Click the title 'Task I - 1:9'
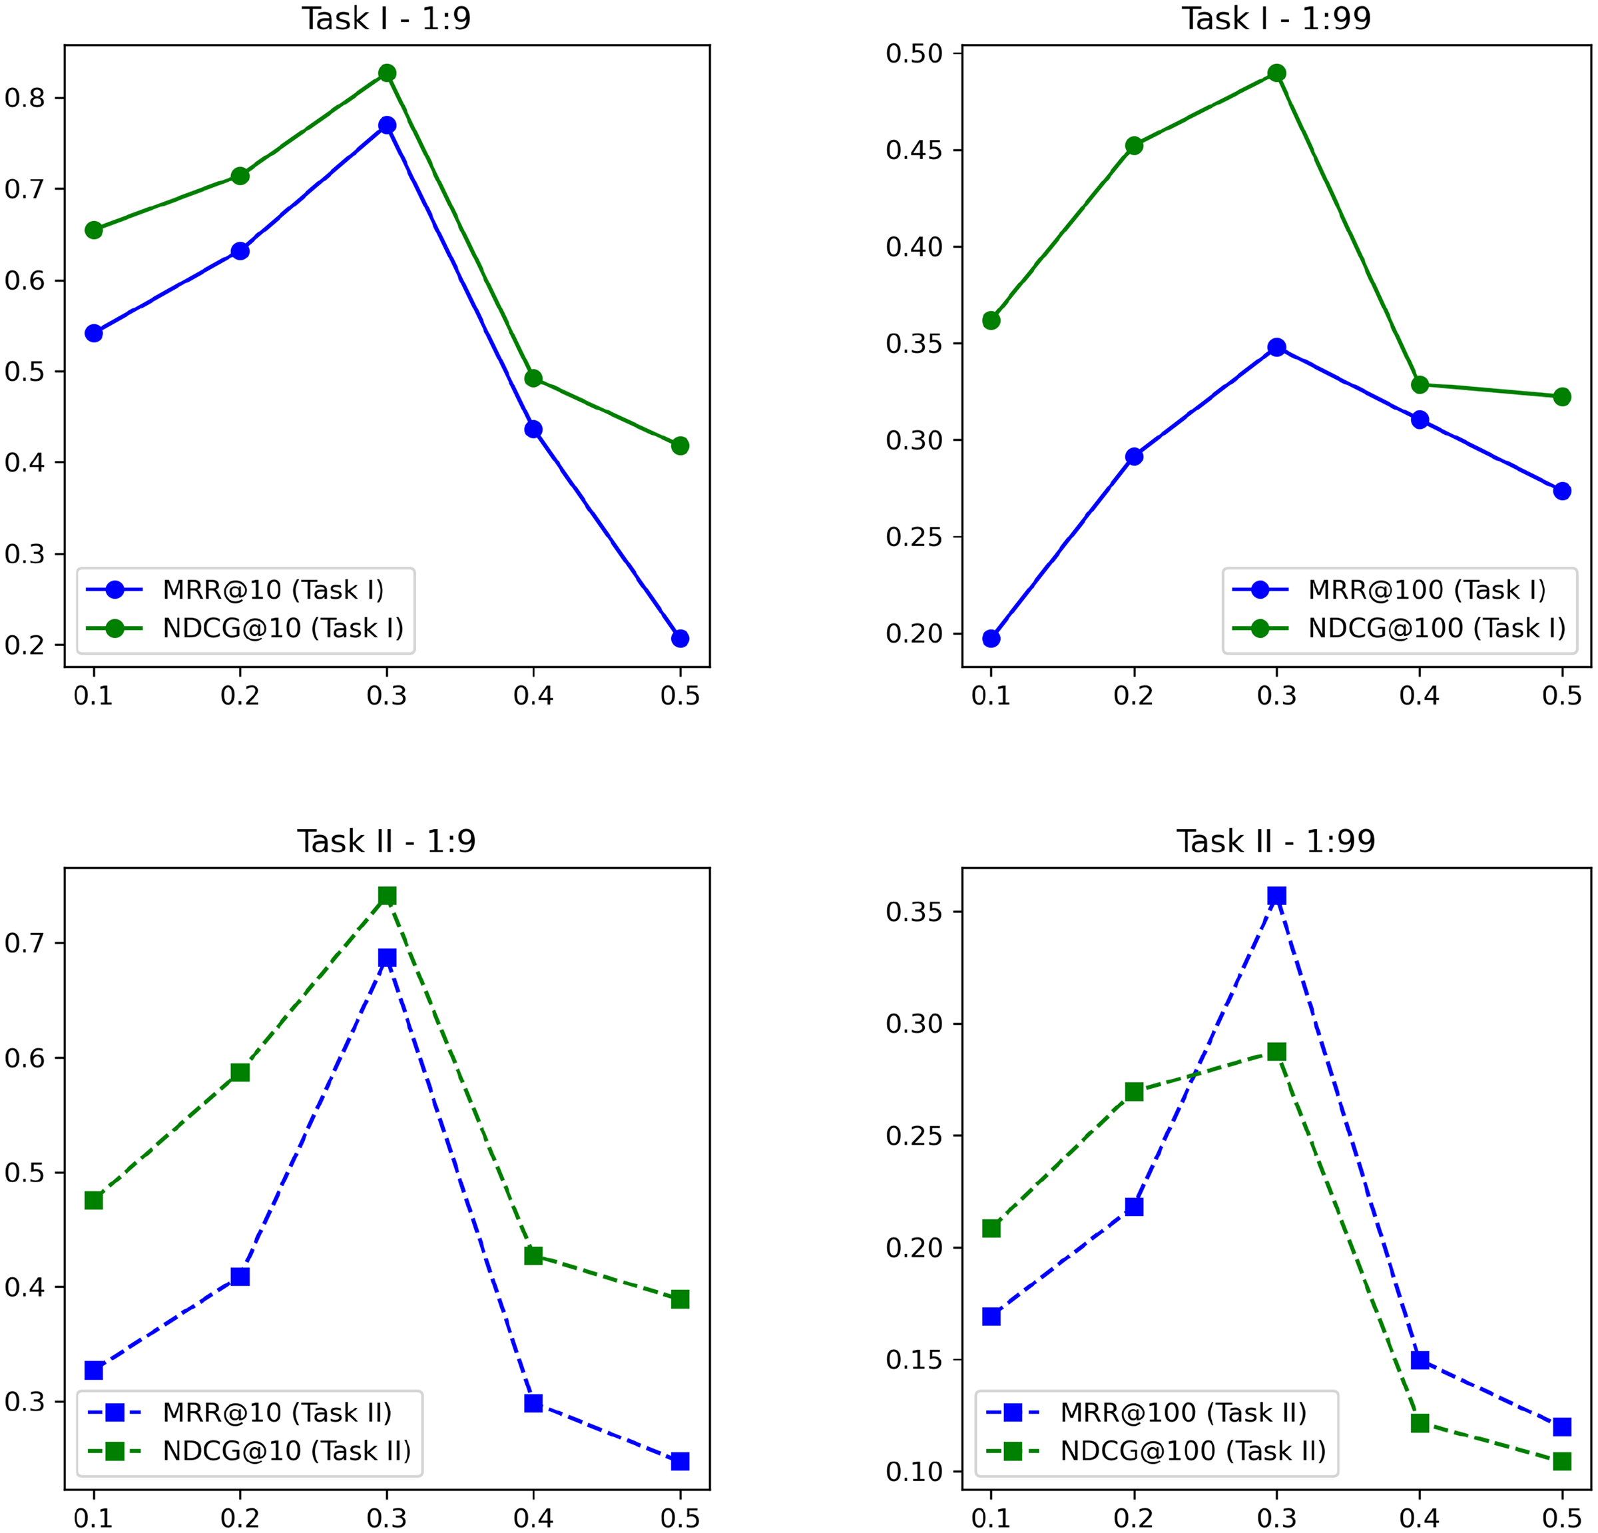[x=386, y=19]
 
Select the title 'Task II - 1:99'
[x=1275, y=840]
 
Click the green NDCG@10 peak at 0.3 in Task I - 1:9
[x=388, y=73]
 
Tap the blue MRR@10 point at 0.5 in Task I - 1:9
[x=680, y=639]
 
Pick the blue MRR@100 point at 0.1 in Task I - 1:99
[x=991, y=639]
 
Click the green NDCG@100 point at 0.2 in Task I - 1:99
[x=1134, y=146]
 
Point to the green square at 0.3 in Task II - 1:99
[x=1277, y=1052]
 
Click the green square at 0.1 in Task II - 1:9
[x=94, y=1200]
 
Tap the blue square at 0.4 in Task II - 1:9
[x=533, y=1402]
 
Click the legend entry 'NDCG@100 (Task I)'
[x=1437, y=628]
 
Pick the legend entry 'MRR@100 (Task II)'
[x=1183, y=1412]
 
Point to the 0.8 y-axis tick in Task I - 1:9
[x=25, y=98]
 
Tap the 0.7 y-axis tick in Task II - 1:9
[x=25, y=944]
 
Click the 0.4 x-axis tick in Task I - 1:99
[x=1420, y=695]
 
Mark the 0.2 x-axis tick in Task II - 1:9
[x=240, y=1518]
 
